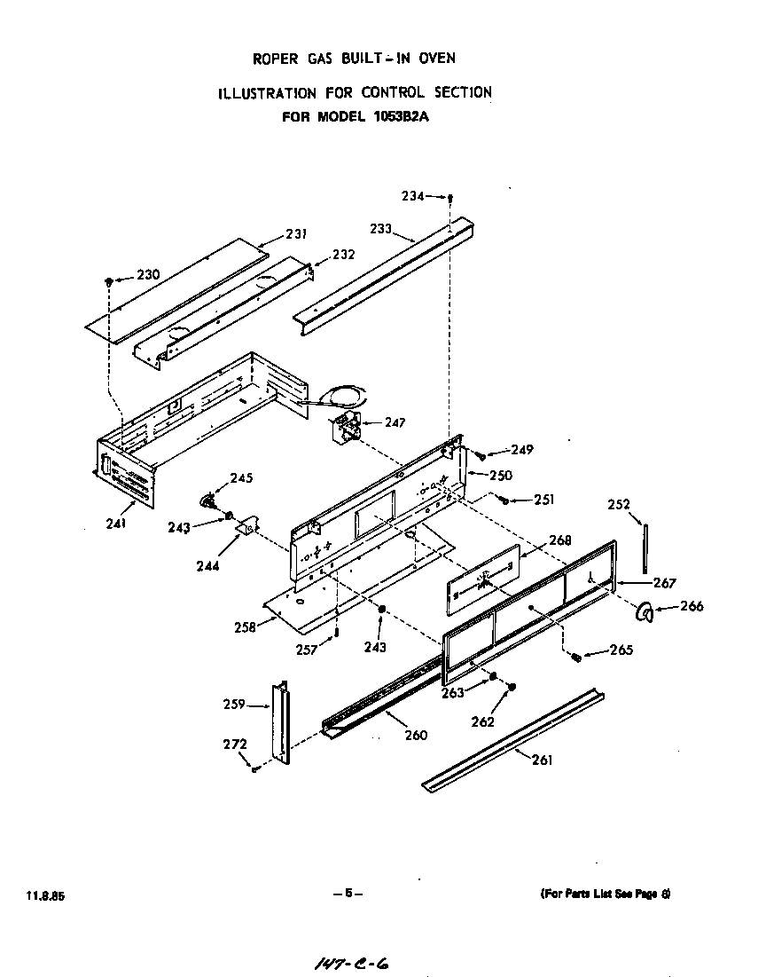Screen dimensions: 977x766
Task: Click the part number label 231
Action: click(296, 234)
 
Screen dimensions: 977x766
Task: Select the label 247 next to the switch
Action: click(395, 423)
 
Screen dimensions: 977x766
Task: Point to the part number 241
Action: click(116, 523)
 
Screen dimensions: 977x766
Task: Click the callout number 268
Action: click(560, 540)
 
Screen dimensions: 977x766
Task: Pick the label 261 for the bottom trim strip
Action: click(541, 760)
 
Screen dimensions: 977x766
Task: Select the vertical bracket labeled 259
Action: click(281, 724)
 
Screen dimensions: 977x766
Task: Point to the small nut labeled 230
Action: click(109, 281)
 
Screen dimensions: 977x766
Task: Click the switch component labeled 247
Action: click(345, 431)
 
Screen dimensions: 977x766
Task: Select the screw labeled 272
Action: click(254, 768)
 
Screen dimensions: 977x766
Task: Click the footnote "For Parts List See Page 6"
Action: click(605, 894)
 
